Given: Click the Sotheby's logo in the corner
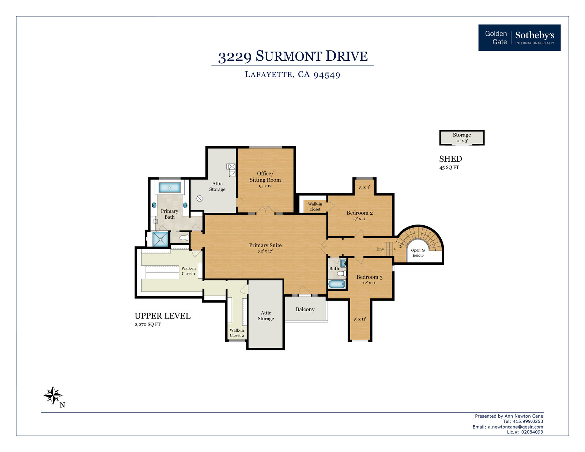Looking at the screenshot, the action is [x=519, y=38].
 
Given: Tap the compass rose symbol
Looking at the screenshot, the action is [x=53, y=395].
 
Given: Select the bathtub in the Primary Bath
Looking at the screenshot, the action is [x=169, y=187].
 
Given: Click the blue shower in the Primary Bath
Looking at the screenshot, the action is [x=161, y=239].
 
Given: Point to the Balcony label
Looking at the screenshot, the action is [x=305, y=309].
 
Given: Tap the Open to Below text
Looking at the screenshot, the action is [x=418, y=253].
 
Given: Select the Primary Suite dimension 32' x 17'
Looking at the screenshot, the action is [x=265, y=251].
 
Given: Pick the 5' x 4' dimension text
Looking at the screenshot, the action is [x=364, y=187].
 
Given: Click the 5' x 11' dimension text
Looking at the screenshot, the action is [x=360, y=319].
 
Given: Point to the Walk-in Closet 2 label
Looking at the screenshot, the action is [x=237, y=333].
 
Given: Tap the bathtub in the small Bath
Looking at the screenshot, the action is [x=337, y=284].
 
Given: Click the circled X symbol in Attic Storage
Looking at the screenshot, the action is [x=200, y=199].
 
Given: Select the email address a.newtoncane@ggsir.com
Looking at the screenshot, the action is [x=515, y=427].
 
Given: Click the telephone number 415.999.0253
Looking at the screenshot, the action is [x=528, y=421].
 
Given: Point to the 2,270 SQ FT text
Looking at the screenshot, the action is [x=147, y=324].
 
